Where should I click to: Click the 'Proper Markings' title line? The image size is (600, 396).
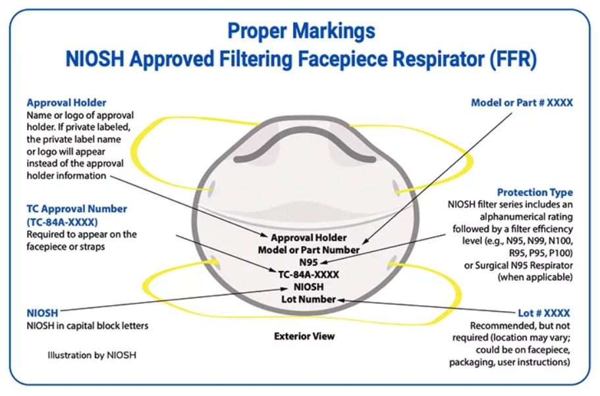(x=301, y=30)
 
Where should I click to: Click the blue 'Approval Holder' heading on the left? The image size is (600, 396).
(x=66, y=103)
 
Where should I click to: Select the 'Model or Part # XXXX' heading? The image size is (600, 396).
(x=522, y=103)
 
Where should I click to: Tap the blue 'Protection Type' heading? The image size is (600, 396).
(x=535, y=193)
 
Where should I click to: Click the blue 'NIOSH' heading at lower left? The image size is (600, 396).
(x=42, y=313)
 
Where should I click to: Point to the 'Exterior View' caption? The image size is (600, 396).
(x=304, y=336)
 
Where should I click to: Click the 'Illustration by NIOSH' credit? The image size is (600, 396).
(x=92, y=355)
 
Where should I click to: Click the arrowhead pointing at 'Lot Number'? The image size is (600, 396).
(x=341, y=300)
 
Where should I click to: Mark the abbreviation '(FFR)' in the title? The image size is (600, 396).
(x=513, y=59)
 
